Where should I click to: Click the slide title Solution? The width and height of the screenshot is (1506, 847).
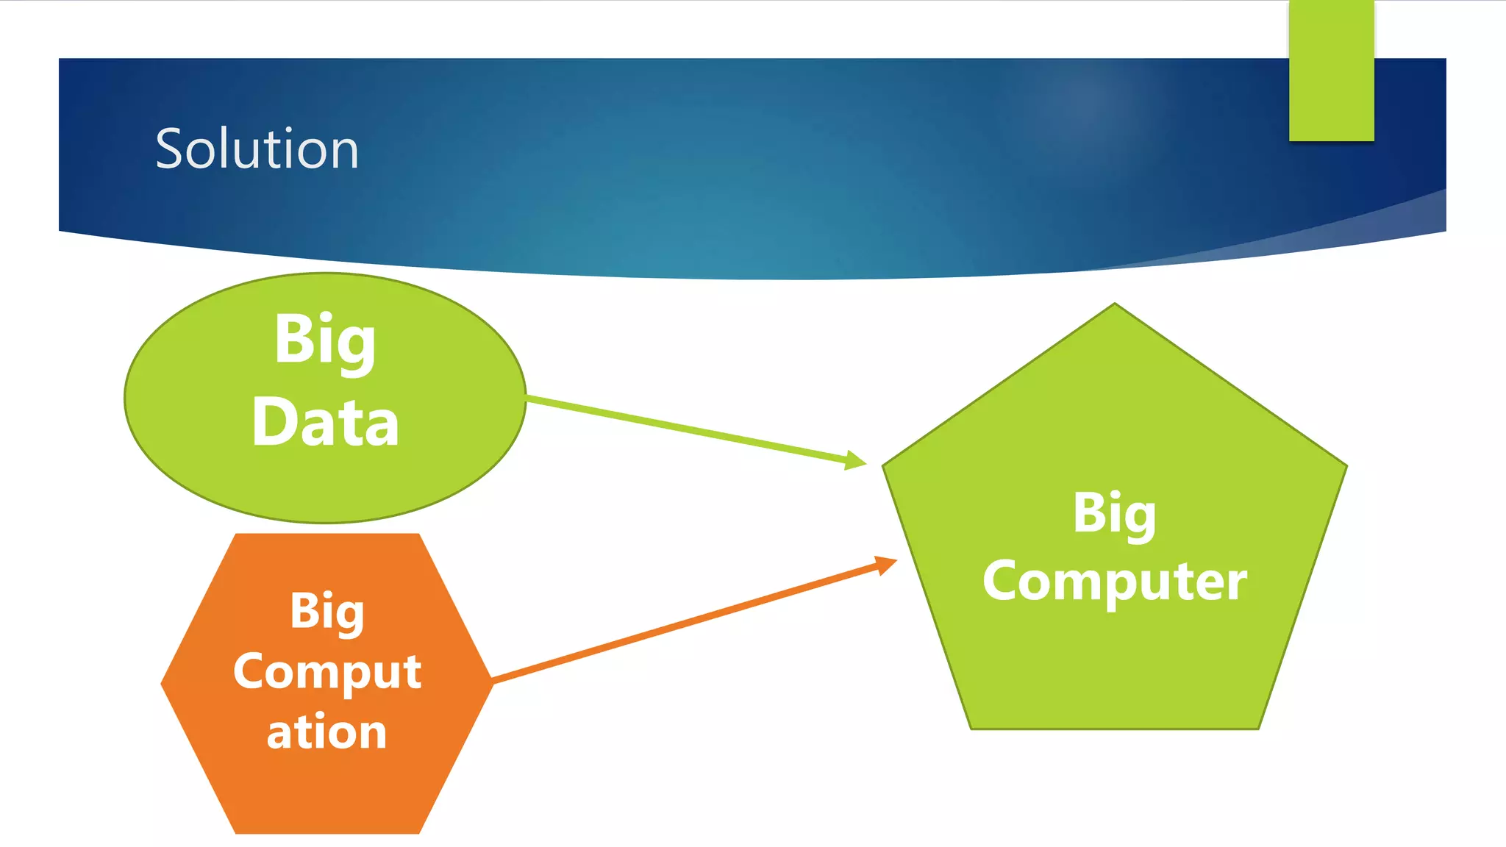coord(257,149)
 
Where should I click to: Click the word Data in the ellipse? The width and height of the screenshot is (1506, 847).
coord(325,423)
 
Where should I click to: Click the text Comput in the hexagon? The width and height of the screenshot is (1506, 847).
coord(327,671)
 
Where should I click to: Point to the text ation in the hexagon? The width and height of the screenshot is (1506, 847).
coord(327,732)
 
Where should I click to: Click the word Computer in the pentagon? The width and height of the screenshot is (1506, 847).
coord(1115,581)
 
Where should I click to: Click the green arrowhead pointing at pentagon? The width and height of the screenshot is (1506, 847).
coord(856,461)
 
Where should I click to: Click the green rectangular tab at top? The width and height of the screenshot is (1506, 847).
coord(1331,70)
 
